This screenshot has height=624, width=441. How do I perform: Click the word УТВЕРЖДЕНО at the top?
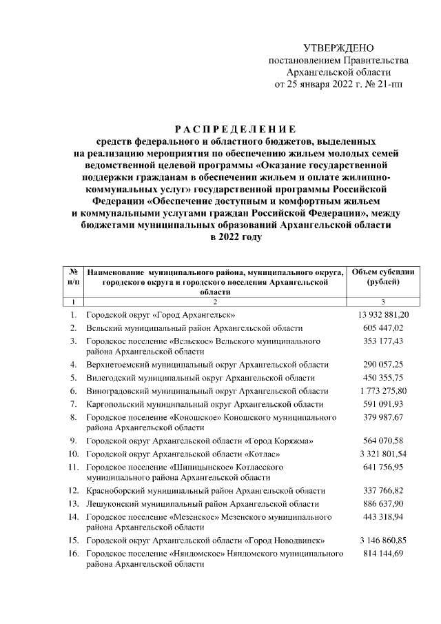point(338,48)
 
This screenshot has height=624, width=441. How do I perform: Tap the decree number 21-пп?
point(389,85)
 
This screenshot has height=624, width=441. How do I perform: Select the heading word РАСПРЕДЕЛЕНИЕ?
point(234,128)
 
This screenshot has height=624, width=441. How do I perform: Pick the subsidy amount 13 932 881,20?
point(382,314)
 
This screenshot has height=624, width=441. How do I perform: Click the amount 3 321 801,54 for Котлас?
point(382,454)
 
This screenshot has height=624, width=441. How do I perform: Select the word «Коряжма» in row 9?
point(290,441)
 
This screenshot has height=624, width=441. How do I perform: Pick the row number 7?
point(73,404)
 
